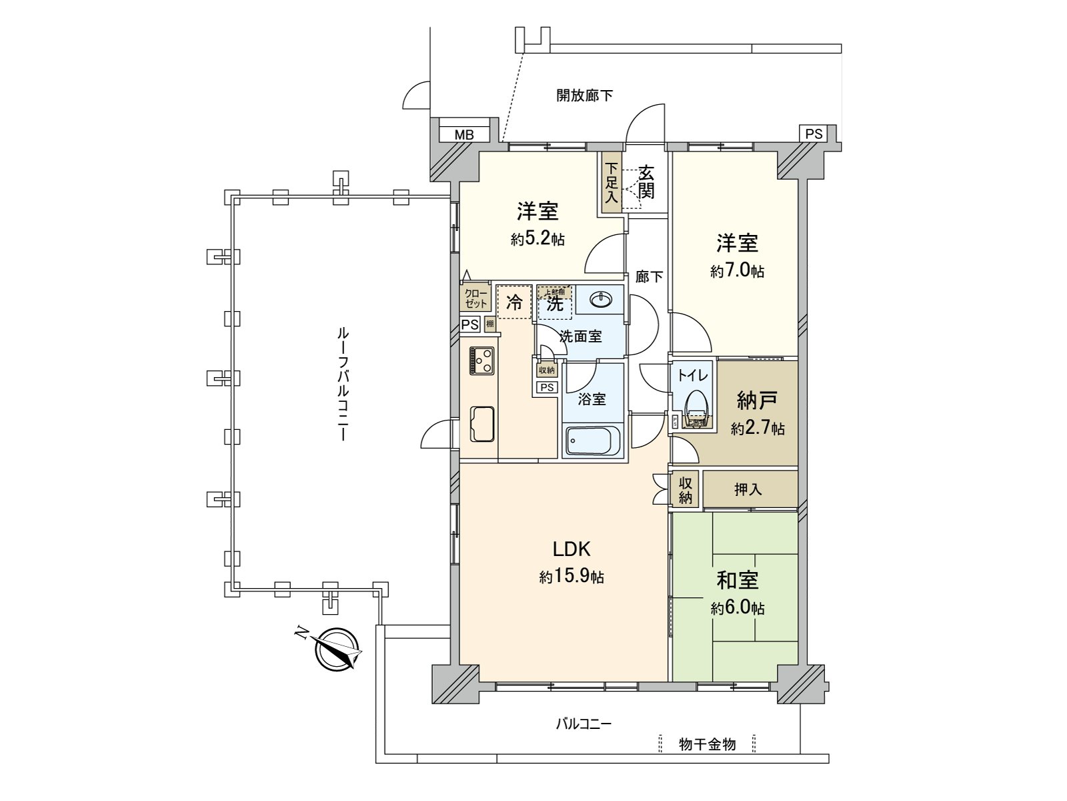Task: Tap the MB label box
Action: (x=464, y=135)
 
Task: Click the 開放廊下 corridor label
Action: (x=585, y=95)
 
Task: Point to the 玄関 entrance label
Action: (x=646, y=182)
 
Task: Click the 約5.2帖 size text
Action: (x=538, y=239)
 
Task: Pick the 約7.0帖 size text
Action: (x=737, y=271)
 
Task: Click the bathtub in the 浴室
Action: (x=592, y=442)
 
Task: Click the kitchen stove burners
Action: (x=481, y=361)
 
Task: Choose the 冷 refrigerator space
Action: (x=514, y=302)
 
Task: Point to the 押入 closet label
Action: (x=748, y=489)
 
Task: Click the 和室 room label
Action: (x=737, y=580)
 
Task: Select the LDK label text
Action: (x=572, y=549)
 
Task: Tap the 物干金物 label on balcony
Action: (x=707, y=744)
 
